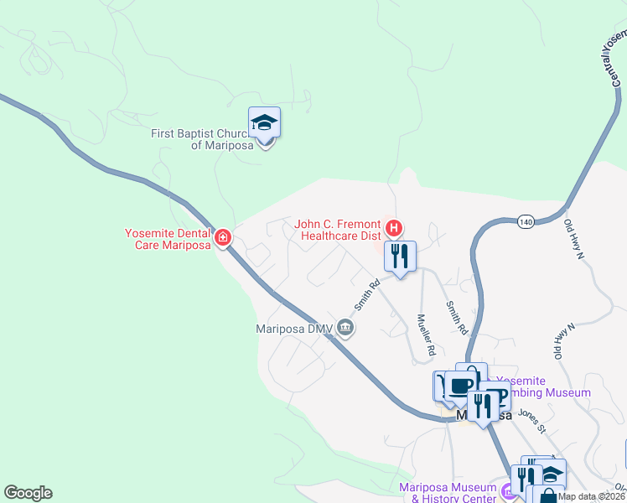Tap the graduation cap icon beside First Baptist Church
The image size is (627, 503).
(x=265, y=123)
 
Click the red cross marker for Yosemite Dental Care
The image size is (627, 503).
(x=224, y=238)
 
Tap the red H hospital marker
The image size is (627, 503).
(x=394, y=227)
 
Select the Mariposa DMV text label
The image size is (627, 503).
(x=294, y=329)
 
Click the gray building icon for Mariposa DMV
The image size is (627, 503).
(x=345, y=329)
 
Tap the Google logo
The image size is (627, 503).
(x=28, y=493)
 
